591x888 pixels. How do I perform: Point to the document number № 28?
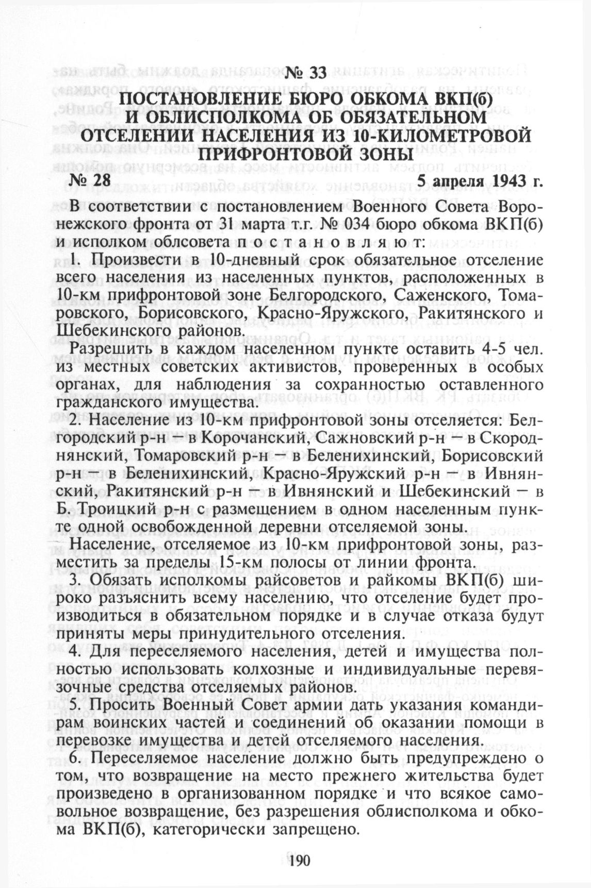point(90,180)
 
